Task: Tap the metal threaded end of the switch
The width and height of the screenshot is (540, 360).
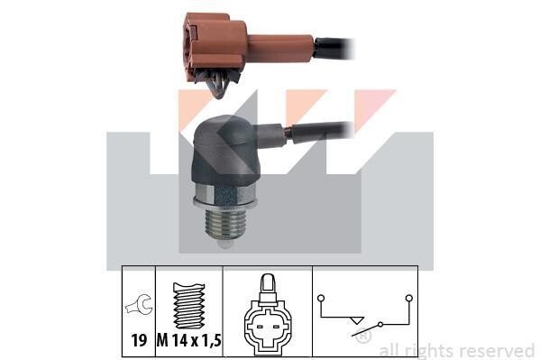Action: [x=224, y=225]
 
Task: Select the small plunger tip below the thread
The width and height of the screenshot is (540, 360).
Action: [x=224, y=245]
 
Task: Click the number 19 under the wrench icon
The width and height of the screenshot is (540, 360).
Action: [x=139, y=340]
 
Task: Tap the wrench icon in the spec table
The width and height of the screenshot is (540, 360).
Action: [x=139, y=304]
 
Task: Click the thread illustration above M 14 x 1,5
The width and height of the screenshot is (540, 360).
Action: [x=189, y=306]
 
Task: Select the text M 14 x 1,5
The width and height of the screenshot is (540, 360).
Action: [x=189, y=341]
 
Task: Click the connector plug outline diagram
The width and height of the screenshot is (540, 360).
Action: [x=268, y=315]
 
